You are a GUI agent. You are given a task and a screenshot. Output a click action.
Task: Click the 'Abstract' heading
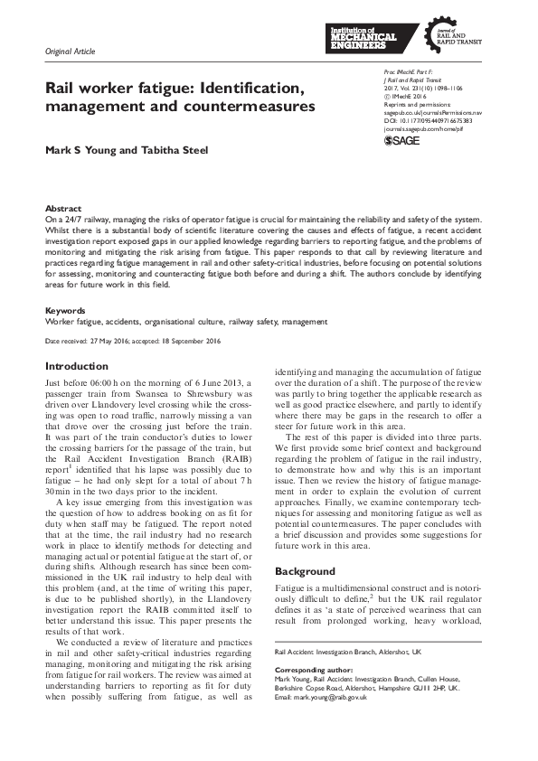click(x=62, y=208)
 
